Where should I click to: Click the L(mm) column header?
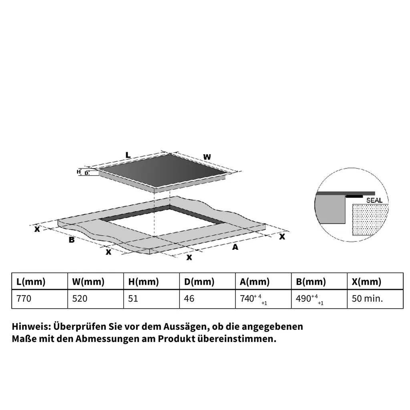pyautogui.click(x=31, y=281)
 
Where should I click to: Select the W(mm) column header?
pyautogui.click(x=88, y=281)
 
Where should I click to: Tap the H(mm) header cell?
pyautogui.click(x=143, y=281)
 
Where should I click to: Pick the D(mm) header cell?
pyautogui.click(x=199, y=281)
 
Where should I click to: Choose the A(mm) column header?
pyautogui.click(x=255, y=281)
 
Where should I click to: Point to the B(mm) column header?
pyautogui.click(x=311, y=281)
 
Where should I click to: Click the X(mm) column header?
pyautogui.click(x=366, y=281)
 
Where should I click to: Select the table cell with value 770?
pyautogui.click(x=24, y=299)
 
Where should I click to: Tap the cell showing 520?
pyautogui.click(x=80, y=299)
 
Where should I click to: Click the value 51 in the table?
pyautogui.click(x=133, y=299)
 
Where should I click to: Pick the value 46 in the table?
pyautogui.click(x=189, y=299)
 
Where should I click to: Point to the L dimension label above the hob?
pyautogui.click(x=128, y=155)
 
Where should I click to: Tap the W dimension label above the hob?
pyautogui.click(x=207, y=157)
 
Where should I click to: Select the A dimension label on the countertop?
pyautogui.click(x=235, y=247)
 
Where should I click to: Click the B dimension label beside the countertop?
pyautogui.click(x=72, y=240)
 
